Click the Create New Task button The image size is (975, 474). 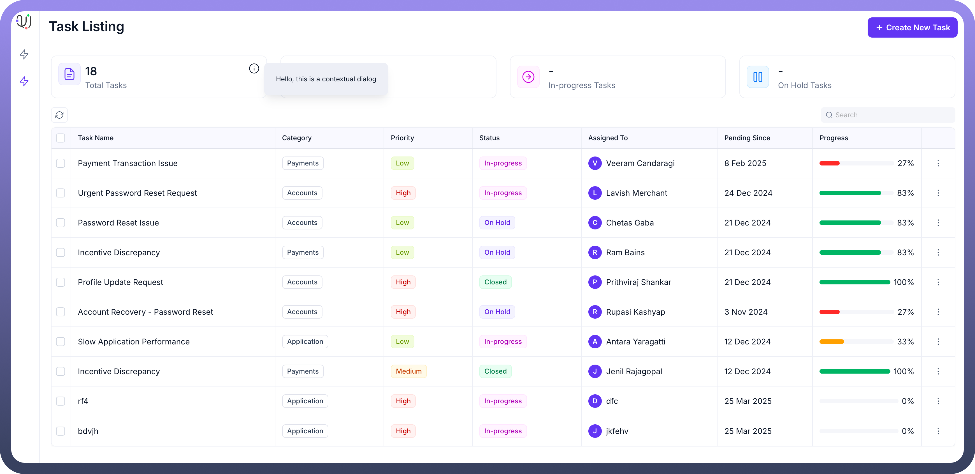pos(912,28)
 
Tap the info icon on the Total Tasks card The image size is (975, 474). pos(254,69)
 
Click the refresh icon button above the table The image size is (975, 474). pos(59,115)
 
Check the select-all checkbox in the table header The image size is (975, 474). pos(61,138)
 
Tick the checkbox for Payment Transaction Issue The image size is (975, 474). pos(61,163)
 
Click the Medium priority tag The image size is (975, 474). pos(408,371)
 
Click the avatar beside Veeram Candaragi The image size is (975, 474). pos(595,163)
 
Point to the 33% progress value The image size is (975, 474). pos(905,342)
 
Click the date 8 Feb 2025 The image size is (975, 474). pos(745,163)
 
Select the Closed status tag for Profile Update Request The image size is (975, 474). pos(495,282)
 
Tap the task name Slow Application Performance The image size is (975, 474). pos(134,342)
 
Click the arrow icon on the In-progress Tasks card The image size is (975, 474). pos(528,77)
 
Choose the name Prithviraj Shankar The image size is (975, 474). pos(638,282)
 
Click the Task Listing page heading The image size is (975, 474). pos(87,27)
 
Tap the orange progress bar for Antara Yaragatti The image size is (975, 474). pos(832,342)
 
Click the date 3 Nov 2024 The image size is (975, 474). pos(746,312)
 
